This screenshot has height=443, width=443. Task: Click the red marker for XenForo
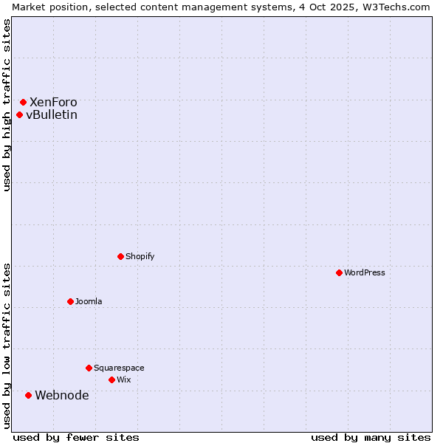(23, 102)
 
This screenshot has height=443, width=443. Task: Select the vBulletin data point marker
(19, 114)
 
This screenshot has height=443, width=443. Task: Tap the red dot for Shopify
(120, 256)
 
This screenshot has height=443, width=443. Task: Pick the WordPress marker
(339, 272)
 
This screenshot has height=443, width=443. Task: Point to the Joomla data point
(70, 301)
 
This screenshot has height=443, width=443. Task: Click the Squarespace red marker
(89, 368)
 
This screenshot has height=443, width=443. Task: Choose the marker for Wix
(111, 380)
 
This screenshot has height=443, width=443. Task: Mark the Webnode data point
(28, 395)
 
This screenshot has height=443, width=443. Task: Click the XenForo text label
(53, 102)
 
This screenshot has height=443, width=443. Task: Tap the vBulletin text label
(52, 114)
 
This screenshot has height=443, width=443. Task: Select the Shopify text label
(140, 256)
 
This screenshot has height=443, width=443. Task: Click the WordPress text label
(365, 272)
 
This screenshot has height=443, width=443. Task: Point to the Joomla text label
(89, 301)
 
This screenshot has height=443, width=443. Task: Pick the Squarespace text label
(119, 368)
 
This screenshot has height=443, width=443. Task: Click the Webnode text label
(62, 395)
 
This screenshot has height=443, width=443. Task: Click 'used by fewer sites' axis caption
(76, 437)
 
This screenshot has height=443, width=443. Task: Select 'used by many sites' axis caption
(371, 437)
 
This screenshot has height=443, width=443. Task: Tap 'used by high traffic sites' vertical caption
(7, 105)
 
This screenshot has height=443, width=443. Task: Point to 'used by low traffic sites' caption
(7, 345)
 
